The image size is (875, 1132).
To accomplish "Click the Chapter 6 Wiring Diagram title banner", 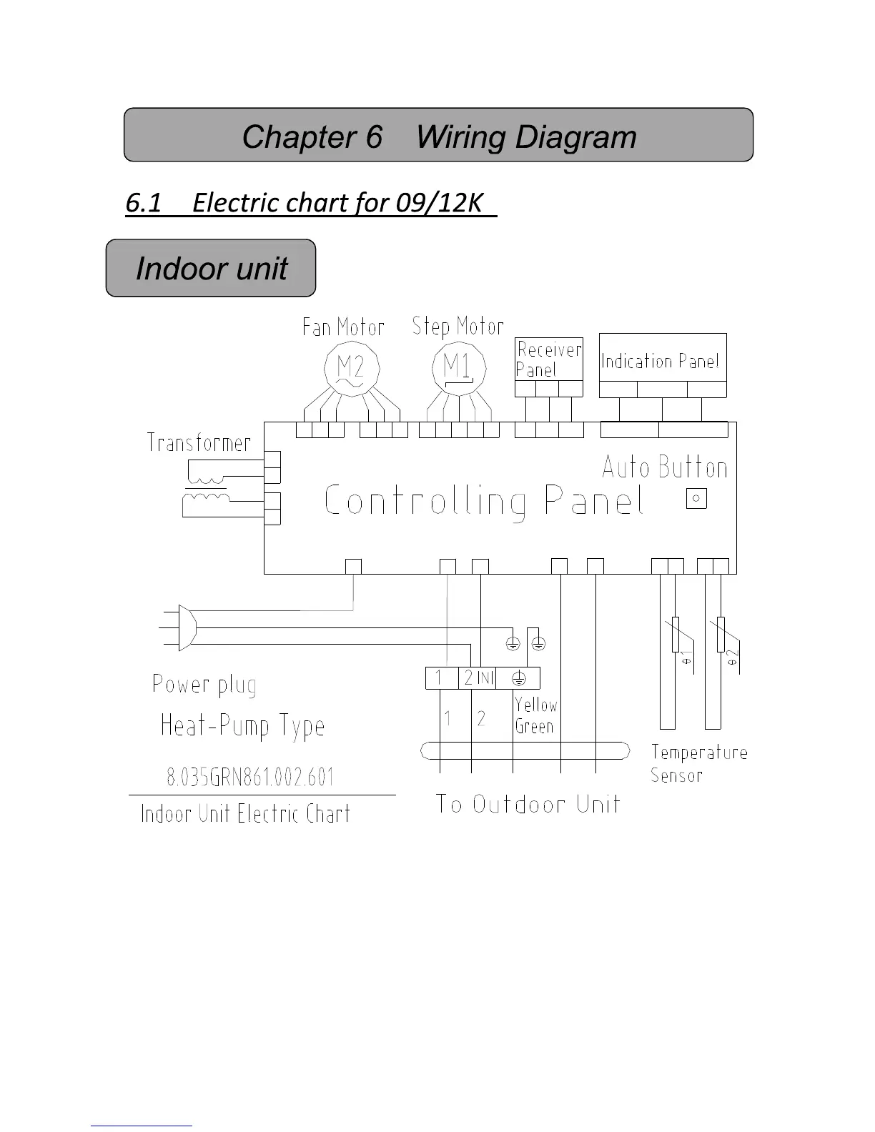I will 438,136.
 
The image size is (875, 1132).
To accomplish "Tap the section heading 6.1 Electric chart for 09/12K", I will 310,203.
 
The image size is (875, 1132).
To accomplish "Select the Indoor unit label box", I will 211,269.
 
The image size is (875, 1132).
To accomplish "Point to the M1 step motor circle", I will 458,369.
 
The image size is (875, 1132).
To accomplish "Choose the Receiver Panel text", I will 548,359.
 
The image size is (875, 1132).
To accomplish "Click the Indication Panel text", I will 661,362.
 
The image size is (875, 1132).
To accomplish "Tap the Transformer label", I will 199,443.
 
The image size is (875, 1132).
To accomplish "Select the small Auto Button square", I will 696,498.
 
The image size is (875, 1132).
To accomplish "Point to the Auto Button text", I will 665,468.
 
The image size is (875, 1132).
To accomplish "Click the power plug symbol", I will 183,627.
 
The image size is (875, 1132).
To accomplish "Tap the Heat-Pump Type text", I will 242,726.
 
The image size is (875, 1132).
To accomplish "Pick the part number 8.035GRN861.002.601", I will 250,777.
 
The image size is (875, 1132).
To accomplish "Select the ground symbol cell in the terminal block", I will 518,678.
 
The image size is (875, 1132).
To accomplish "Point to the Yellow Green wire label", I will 535,715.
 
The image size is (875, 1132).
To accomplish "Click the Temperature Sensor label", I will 698,763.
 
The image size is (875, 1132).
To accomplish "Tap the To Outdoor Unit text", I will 528,805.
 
